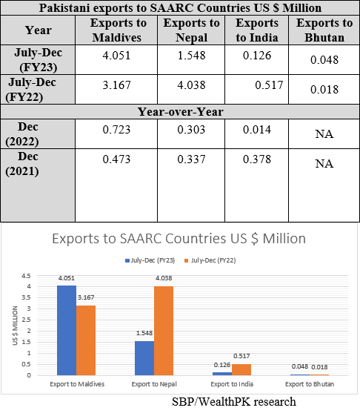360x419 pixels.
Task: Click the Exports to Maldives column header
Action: click(x=119, y=30)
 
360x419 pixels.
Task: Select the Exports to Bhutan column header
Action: click(x=324, y=30)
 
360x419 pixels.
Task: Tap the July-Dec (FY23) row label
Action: click(x=39, y=59)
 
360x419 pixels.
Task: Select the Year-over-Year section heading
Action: click(x=181, y=112)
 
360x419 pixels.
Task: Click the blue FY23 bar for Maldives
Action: click(x=67, y=330)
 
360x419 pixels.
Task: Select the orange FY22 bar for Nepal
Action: click(x=164, y=331)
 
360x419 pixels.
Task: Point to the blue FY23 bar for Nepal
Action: click(x=144, y=358)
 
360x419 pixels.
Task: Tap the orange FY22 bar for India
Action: click(x=241, y=369)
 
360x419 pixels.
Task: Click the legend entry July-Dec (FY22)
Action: click(x=210, y=260)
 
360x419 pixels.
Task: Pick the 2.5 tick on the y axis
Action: click(x=27, y=320)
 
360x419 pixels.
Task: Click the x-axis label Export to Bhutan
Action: click(x=310, y=384)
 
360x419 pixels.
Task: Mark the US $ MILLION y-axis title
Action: click(x=15, y=326)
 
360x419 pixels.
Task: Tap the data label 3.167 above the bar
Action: click(x=86, y=297)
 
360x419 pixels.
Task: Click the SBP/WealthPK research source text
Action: click(x=234, y=402)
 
